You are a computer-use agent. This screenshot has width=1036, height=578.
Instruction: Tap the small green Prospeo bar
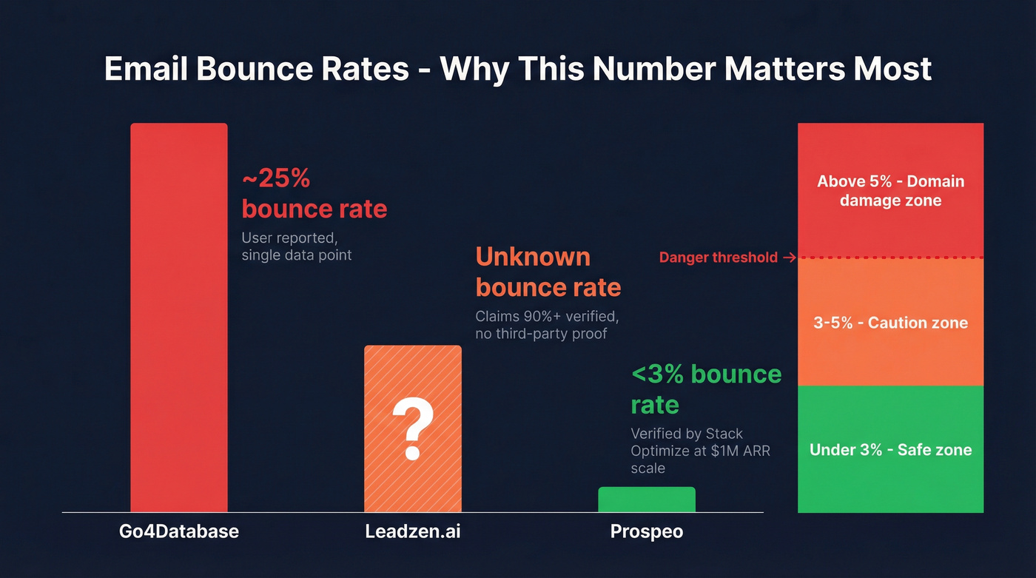(646, 500)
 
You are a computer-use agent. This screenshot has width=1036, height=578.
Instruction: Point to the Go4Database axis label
(179, 531)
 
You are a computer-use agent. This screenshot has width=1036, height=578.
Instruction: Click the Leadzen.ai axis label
(412, 531)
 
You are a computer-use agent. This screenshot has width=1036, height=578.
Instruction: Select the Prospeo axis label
(646, 531)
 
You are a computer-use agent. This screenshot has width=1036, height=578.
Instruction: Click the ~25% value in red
(275, 178)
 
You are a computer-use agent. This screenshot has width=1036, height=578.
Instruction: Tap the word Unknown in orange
(533, 257)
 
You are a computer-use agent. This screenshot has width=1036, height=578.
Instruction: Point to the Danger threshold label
(718, 258)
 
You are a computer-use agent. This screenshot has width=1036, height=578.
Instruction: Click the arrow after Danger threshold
(788, 258)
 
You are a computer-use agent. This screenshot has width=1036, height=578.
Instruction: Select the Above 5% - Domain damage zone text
(890, 191)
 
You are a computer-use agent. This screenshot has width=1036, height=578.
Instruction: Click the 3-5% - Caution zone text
(890, 323)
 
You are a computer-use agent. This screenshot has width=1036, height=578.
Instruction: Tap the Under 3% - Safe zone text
(890, 450)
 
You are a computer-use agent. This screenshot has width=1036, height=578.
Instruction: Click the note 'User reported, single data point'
(296, 247)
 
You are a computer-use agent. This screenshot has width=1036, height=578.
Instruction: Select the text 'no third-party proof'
(541, 334)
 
